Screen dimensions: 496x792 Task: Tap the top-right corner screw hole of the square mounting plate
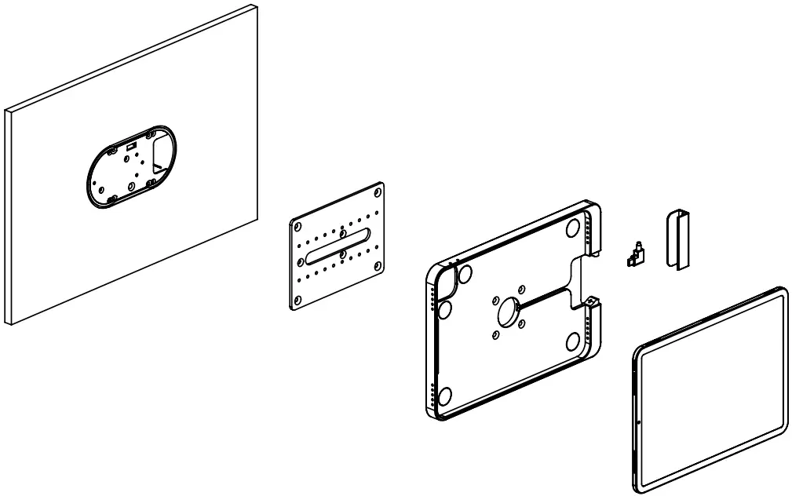(x=378, y=191)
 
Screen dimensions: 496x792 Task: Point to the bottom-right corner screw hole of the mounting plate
(x=379, y=264)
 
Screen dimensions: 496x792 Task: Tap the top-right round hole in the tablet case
(x=573, y=227)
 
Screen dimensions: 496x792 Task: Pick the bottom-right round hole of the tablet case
(x=573, y=341)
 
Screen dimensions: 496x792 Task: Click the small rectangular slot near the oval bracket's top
(x=131, y=146)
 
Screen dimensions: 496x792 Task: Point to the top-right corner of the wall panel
(x=257, y=7)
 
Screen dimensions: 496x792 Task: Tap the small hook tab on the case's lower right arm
(x=593, y=300)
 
